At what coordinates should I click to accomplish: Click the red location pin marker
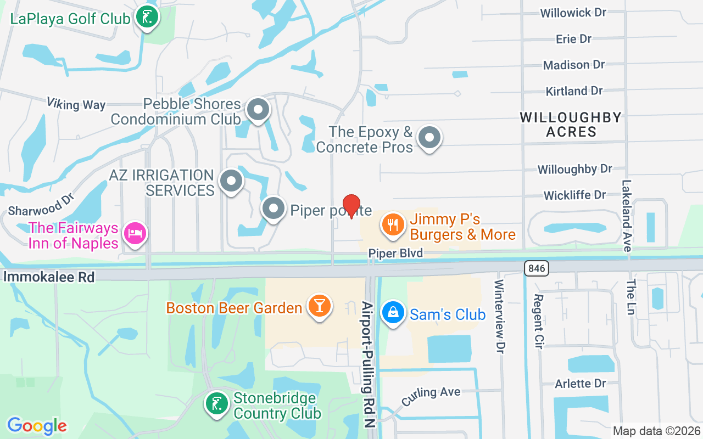[351, 206]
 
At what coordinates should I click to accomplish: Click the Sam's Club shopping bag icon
[393, 312]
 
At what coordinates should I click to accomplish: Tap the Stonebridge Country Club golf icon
[217, 403]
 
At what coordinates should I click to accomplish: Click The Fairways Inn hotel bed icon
[135, 233]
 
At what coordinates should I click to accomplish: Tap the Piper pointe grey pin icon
[273, 209]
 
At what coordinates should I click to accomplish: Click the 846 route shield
[536, 268]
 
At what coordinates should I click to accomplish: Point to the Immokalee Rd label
[49, 276]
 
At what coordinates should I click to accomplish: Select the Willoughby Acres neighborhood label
[571, 125]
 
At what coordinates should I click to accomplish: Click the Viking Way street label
[76, 104]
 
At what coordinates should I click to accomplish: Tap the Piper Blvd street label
[395, 253]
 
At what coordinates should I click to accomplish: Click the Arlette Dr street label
[581, 383]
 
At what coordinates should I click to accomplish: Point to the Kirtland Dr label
[574, 91]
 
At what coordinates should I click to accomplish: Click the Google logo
[37, 425]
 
